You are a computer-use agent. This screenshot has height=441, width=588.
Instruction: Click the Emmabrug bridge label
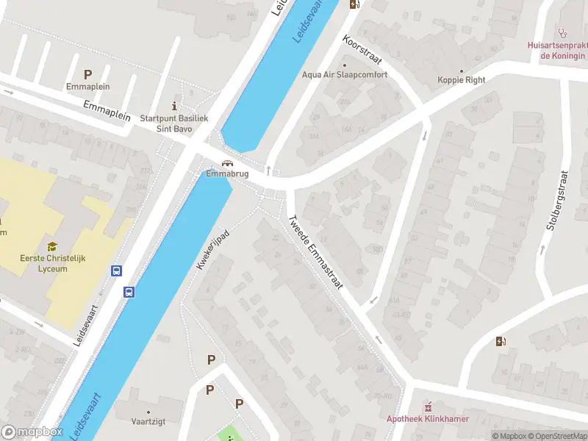click(x=227, y=175)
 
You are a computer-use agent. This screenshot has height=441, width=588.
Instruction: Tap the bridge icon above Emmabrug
click(x=228, y=164)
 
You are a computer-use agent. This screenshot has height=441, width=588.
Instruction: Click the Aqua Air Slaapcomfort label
click(x=344, y=75)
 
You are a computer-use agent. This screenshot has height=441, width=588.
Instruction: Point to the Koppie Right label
click(x=461, y=79)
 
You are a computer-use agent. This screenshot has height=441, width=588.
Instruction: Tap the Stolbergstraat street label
click(x=558, y=201)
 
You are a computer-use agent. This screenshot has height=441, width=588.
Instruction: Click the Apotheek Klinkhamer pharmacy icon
click(x=428, y=406)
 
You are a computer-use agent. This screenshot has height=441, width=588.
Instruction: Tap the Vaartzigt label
click(x=148, y=423)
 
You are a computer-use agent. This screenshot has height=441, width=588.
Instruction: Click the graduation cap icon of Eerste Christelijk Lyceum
click(x=52, y=247)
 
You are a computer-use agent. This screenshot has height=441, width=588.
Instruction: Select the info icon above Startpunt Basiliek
click(x=174, y=105)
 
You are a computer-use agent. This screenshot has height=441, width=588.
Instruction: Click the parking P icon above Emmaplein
click(x=87, y=74)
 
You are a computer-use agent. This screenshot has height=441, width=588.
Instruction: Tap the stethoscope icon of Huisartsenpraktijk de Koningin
click(x=563, y=32)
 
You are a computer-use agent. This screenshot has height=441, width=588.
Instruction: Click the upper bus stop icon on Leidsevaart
click(x=116, y=270)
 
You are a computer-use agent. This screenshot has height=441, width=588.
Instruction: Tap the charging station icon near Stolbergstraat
click(x=501, y=341)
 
